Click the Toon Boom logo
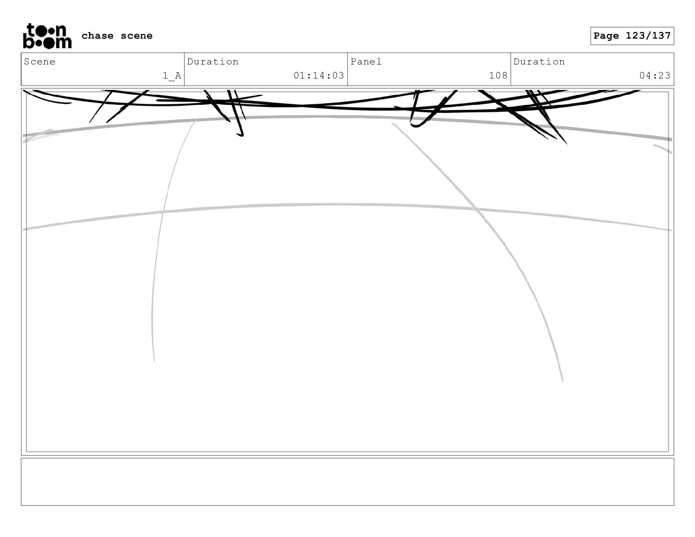(x=47, y=36)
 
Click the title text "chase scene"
(x=117, y=36)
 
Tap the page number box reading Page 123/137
(x=632, y=36)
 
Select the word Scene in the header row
(x=39, y=62)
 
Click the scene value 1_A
(x=172, y=76)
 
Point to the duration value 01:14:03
(x=319, y=76)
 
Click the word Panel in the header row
(x=366, y=62)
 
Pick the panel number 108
(x=498, y=76)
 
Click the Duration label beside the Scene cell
(x=213, y=62)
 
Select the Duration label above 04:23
(x=539, y=62)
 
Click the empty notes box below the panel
(x=347, y=482)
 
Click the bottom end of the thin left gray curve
(x=154, y=361)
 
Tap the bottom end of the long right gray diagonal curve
(x=562, y=380)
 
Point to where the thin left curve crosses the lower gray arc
(x=163, y=212)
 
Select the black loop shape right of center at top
(x=417, y=123)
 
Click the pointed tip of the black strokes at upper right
(x=566, y=143)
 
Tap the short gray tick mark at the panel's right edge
(x=663, y=149)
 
